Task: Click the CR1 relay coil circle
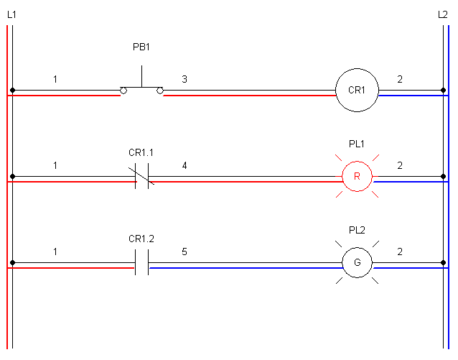click(357, 91)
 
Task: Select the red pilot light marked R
click(357, 177)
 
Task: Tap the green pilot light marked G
click(357, 263)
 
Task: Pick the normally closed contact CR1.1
click(141, 177)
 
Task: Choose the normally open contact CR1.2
click(141, 263)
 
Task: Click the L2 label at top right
click(443, 14)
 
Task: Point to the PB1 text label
click(141, 47)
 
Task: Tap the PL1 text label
click(357, 144)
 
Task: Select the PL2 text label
click(357, 231)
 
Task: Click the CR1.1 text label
click(141, 152)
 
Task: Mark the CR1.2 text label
click(141, 238)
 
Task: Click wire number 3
click(184, 79)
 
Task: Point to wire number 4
click(184, 165)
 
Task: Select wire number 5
click(184, 251)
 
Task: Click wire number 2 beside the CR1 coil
click(400, 79)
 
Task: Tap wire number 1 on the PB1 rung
click(55, 79)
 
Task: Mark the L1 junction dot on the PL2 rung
click(12, 263)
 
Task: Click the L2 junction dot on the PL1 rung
click(443, 177)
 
